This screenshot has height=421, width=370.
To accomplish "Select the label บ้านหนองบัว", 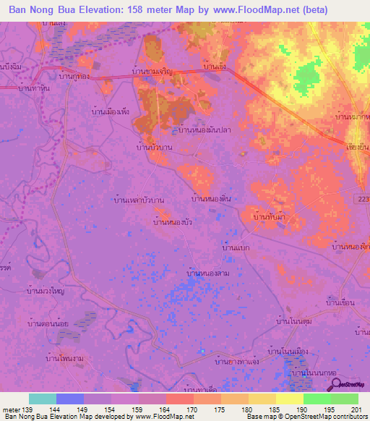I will [172, 222].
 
